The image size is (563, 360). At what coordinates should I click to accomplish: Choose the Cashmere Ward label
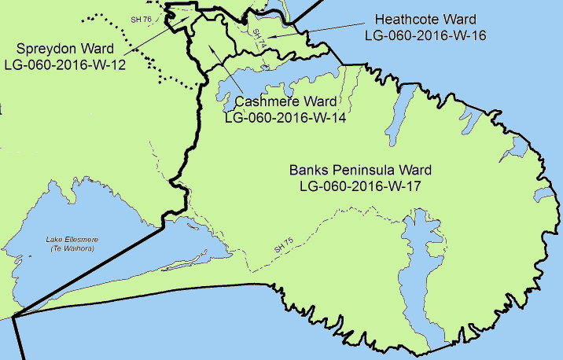(286, 103)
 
